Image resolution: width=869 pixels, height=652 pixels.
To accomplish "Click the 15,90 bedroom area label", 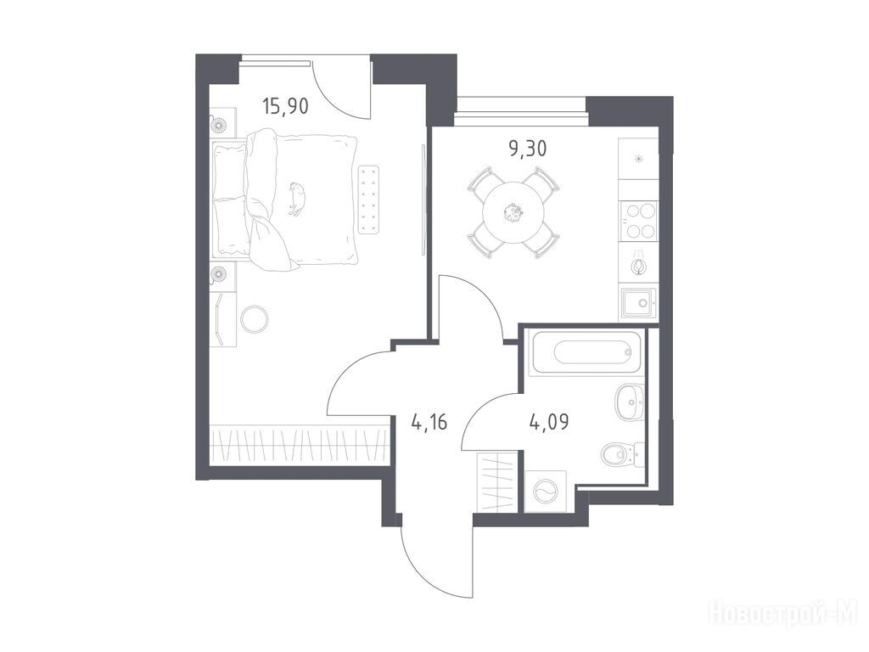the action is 285,105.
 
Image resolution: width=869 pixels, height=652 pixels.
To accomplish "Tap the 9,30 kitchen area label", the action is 528,148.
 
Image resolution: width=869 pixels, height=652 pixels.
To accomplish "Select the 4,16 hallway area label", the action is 429,423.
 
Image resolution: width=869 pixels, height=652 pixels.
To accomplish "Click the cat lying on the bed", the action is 297,199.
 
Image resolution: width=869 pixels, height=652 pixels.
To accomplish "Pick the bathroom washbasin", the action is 629,402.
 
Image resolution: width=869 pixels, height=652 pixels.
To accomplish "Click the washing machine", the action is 546,492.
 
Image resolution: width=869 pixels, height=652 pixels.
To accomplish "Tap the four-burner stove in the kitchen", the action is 638,221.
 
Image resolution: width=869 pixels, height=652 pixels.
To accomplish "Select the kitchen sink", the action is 639,303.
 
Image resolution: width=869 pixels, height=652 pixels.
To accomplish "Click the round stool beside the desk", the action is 255,319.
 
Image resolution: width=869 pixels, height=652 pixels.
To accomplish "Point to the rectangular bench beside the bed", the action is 369,200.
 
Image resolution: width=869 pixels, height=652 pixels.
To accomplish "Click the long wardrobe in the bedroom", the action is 300,445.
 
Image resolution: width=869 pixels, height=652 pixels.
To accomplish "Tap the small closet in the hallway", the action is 498,482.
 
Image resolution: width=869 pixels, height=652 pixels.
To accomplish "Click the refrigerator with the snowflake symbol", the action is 638,159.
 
